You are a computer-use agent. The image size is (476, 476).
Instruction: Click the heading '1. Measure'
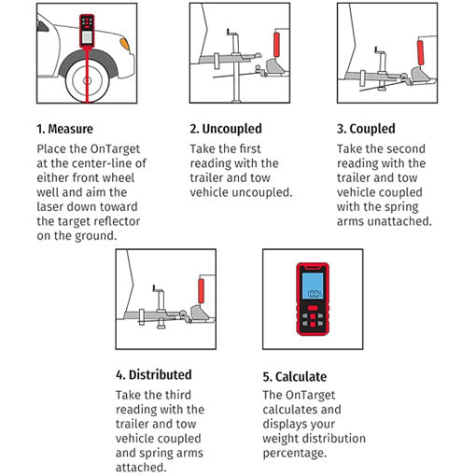click(64, 129)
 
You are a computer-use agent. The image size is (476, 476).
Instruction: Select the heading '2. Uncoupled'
click(226, 129)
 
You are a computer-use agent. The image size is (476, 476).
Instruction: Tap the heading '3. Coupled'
click(366, 129)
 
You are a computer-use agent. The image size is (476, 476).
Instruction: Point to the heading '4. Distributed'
click(154, 374)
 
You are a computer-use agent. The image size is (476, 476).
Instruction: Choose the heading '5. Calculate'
click(295, 376)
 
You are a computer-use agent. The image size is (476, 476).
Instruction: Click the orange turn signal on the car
click(125, 44)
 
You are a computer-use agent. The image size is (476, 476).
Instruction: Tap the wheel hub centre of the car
click(87, 81)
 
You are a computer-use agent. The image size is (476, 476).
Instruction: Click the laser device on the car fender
click(87, 31)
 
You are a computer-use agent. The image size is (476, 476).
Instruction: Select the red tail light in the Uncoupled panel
click(276, 45)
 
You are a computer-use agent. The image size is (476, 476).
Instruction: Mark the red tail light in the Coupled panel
click(420, 52)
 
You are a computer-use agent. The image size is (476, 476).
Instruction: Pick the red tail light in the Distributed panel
click(202, 291)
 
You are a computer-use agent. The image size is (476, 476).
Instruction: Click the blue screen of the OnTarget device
click(313, 287)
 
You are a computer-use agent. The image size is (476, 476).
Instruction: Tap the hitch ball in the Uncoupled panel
click(259, 68)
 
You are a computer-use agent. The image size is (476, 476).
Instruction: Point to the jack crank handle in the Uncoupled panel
click(230, 33)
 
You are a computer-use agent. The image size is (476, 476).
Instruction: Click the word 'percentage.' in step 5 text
click(295, 454)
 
